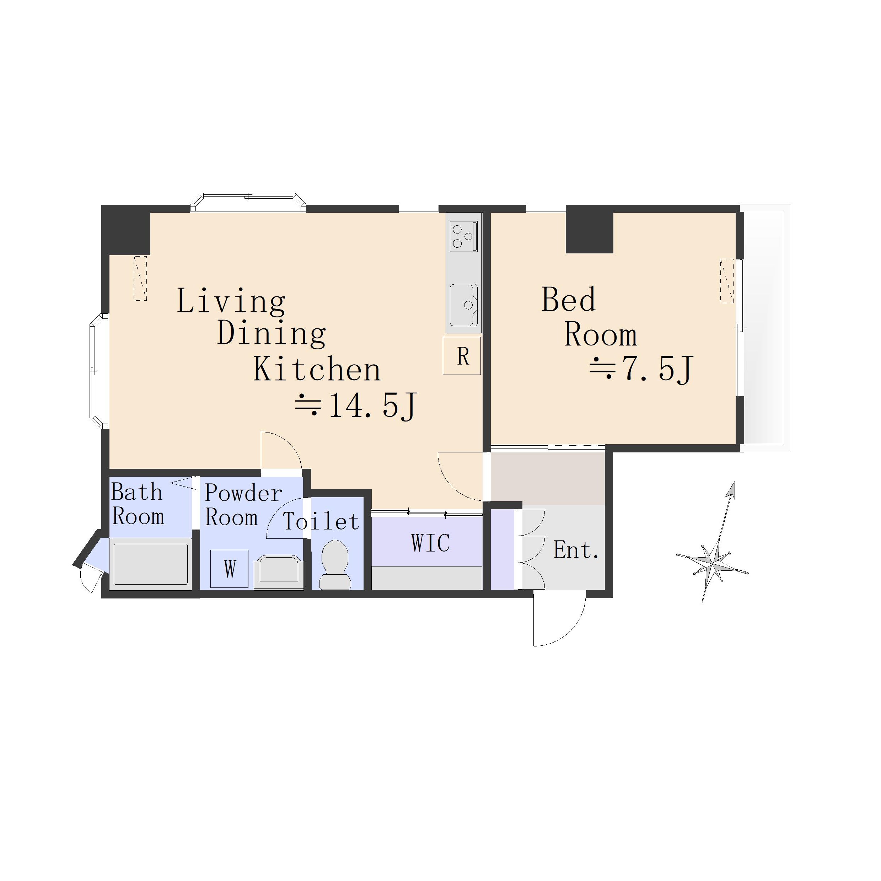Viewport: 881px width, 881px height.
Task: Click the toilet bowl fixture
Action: [335, 565]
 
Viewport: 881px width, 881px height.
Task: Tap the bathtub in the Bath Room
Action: [150, 564]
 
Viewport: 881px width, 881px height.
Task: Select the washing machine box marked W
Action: [229, 569]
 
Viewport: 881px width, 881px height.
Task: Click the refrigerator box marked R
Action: [462, 356]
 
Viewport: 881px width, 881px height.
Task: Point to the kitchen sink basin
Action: [464, 305]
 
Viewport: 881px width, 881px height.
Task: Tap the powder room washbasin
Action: [279, 572]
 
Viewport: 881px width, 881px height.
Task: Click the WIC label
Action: [430, 543]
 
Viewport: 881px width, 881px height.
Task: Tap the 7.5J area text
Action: [641, 369]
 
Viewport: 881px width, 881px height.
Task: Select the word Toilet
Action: [321, 522]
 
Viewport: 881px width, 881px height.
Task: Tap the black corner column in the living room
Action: [126, 230]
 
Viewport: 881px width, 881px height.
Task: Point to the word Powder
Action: [243, 493]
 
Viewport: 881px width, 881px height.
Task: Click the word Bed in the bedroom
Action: [569, 299]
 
